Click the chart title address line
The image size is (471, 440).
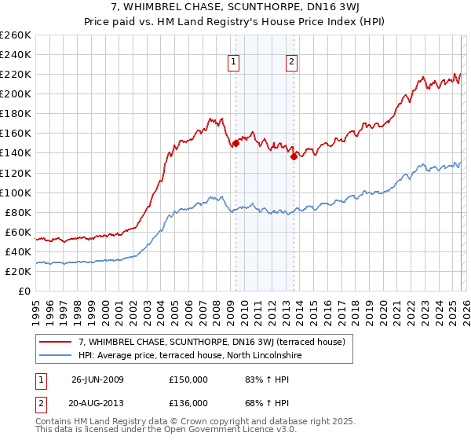[x=235, y=8]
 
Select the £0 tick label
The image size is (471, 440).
[x=25, y=291]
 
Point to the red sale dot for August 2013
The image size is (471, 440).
[x=293, y=156]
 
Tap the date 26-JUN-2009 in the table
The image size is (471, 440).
[x=100, y=379]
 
